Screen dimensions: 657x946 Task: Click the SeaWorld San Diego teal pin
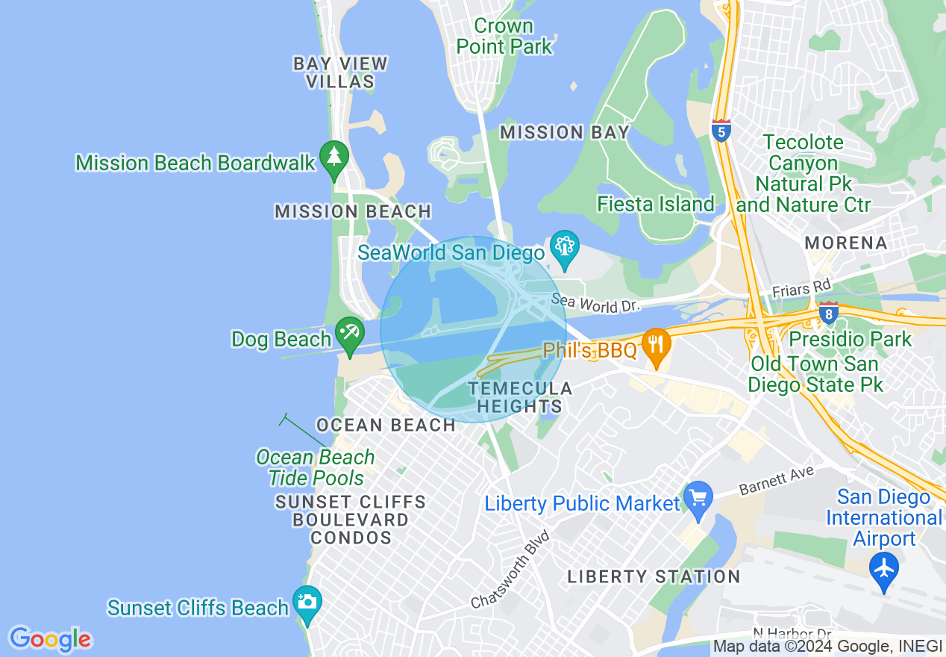tap(565, 247)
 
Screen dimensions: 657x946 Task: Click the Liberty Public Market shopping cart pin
tap(698, 499)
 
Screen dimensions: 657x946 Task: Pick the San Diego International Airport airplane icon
tap(884, 569)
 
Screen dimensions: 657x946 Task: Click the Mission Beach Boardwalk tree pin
tap(334, 158)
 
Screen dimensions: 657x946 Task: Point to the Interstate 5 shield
tap(721, 131)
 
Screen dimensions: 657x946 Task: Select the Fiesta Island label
tap(655, 204)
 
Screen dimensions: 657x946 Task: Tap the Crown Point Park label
tap(504, 36)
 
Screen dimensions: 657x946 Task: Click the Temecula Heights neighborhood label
tap(519, 397)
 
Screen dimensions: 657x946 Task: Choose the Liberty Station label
tap(654, 576)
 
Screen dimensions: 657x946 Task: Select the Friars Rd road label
tap(801, 287)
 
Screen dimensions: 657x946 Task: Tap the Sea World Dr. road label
tap(595, 304)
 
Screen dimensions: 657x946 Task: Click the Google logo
tap(50, 639)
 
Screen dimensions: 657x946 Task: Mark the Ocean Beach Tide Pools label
tap(316, 467)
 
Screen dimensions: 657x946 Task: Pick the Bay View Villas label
tap(340, 72)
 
